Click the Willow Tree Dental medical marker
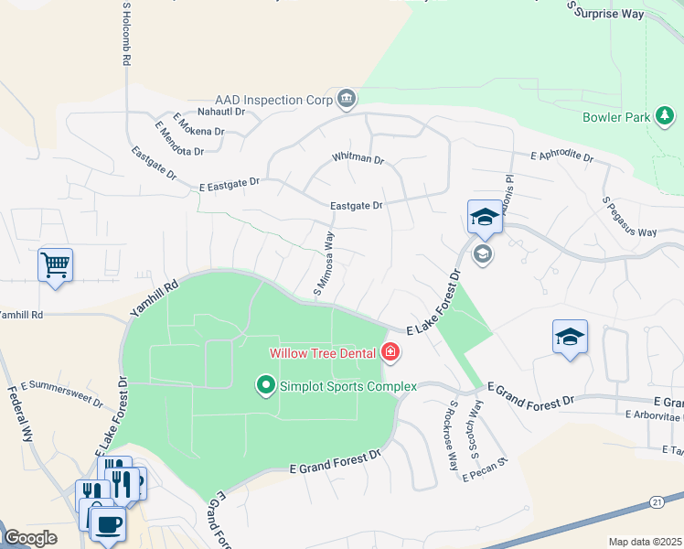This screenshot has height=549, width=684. pyautogui.click(x=390, y=352)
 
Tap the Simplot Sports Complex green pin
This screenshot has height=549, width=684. pyautogui.click(x=266, y=385)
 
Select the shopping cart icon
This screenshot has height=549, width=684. pyautogui.click(x=55, y=265)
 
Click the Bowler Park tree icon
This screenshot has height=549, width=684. pyautogui.click(x=665, y=117)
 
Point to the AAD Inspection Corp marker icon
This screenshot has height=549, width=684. pyautogui.click(x=347, y=98)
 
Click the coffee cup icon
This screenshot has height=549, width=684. pyautogui.click(x=108, y=524)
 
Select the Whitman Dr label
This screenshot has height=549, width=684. pyautogui.click(x=358, y=158)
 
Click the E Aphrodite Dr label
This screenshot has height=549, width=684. pyautogui.click(x=561, y=156)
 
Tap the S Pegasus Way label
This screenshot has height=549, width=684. pyautogui.click(x=629, y=217)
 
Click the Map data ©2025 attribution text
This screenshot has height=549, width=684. pyautogui.click(x=644, y=542)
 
